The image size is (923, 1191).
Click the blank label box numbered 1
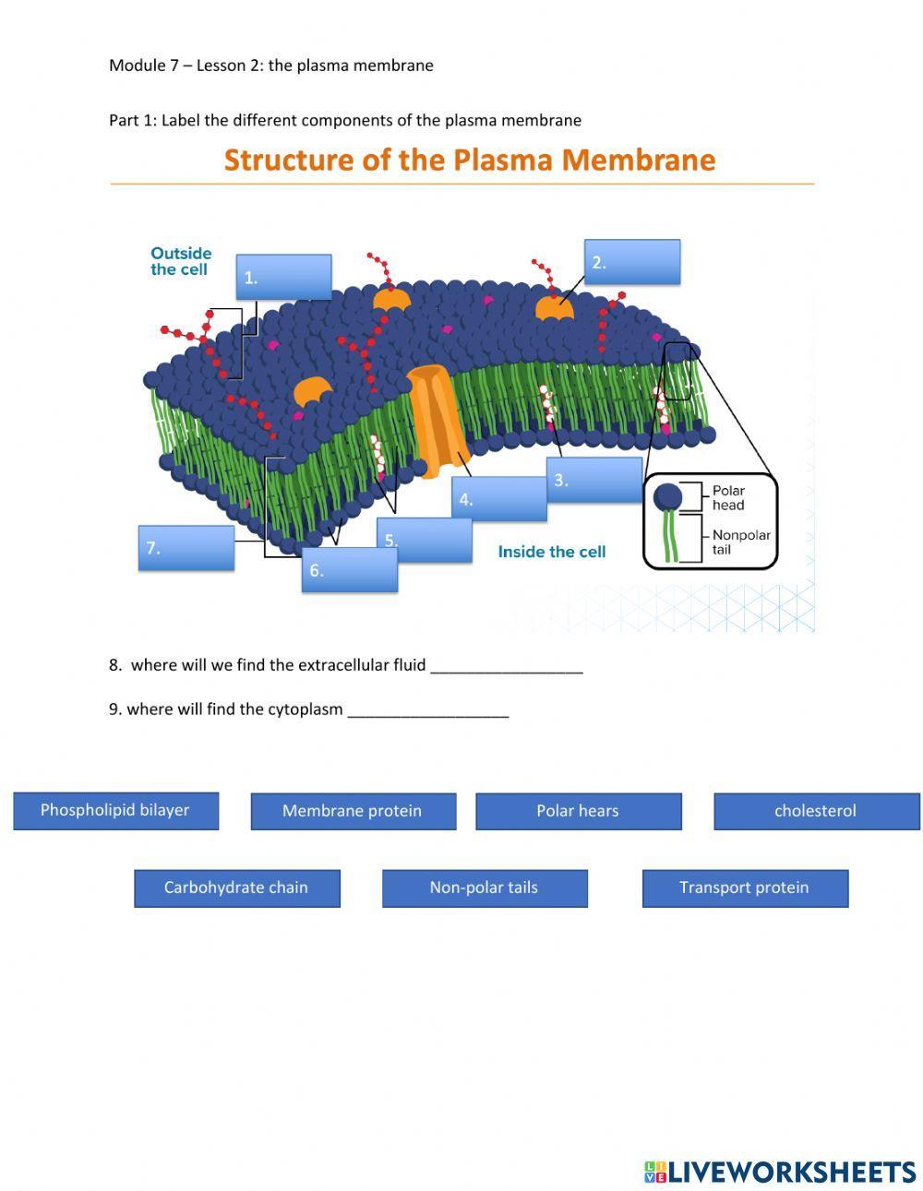coord(283,277)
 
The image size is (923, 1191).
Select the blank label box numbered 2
coord(632,262)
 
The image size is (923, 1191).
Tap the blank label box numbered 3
coord(594,480)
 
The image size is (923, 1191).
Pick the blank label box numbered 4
coord(499,499)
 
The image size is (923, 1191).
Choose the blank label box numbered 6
coord(350,570)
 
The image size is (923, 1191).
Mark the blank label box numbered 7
coord(186,548)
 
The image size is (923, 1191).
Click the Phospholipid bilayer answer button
coord(115,811)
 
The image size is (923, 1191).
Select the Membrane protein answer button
coord(353,812)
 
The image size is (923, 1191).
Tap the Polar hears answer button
coord(578,812)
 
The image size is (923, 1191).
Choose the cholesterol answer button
coord(816,812)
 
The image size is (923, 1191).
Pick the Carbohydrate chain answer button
coord(236,888)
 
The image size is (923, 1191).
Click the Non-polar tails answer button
coord(485,888)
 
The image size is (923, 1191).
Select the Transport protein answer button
coord(745,888)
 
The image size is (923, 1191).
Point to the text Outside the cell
coord(181,261)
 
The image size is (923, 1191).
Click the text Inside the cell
coord(552,552)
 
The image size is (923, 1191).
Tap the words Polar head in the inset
coord(728,498)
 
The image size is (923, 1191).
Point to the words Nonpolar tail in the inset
coord(740,542)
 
